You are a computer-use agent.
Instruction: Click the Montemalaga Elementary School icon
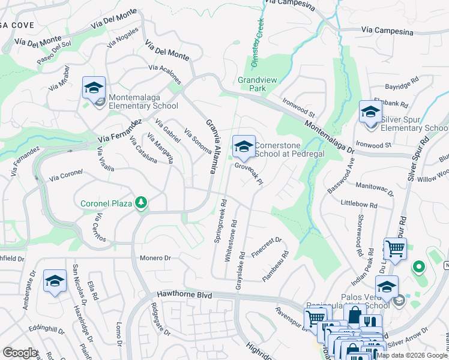[94, 88]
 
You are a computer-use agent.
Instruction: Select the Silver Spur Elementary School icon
[370, 112]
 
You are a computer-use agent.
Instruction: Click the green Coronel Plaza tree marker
[141, 203]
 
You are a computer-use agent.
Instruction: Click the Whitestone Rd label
[230, 240]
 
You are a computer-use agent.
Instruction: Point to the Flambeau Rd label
[276, 266]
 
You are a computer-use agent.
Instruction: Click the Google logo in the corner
[20, 353]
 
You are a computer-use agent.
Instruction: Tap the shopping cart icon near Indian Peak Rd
[395, 248]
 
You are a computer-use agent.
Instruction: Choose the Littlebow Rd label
[358, 205]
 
